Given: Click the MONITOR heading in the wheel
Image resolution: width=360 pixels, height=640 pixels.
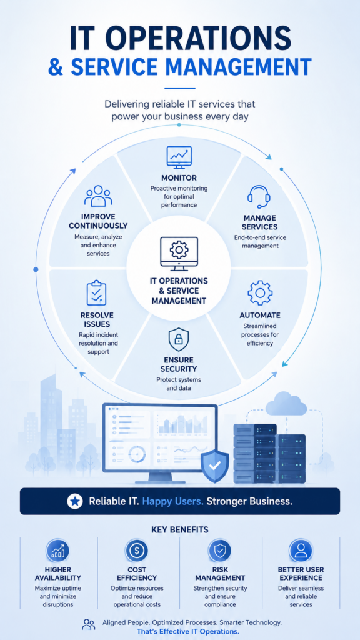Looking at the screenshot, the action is pos(179,178).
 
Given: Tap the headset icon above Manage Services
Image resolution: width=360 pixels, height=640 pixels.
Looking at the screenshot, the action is pos(259,196).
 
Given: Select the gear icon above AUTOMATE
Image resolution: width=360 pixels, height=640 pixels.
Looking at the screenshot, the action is pos(259,293).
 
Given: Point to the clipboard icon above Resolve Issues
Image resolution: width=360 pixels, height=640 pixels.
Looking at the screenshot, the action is pos(97,292).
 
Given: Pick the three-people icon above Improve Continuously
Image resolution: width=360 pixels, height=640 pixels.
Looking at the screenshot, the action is pos(98,196).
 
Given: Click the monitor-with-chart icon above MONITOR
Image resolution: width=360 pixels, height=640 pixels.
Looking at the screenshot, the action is pos(179,157).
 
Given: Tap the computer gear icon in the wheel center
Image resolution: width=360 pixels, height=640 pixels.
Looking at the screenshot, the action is pos(179,254).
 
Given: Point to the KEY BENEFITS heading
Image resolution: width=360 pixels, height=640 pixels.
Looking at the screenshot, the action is pos(180,530).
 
